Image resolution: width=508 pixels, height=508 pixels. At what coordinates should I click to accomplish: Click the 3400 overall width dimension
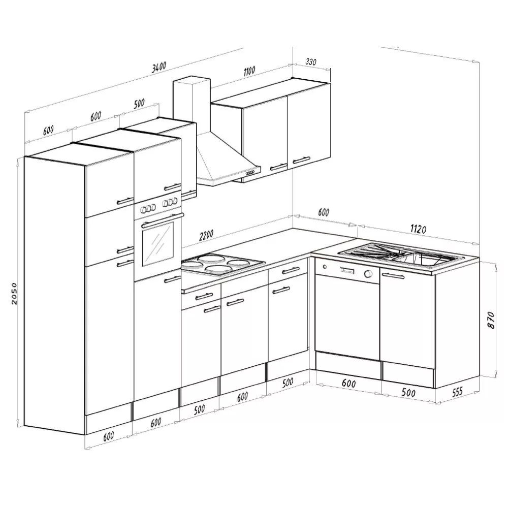159,66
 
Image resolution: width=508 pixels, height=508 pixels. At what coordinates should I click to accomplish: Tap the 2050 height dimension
14,294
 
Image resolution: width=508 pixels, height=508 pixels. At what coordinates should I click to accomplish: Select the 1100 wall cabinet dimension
249,71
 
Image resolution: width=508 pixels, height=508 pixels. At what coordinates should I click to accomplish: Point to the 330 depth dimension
311,61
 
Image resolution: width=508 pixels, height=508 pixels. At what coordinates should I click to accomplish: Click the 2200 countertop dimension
206,235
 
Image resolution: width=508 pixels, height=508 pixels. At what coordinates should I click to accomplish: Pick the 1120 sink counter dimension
418,229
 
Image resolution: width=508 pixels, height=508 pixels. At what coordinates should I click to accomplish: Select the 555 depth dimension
457,391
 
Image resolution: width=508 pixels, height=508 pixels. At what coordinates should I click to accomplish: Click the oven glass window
158,244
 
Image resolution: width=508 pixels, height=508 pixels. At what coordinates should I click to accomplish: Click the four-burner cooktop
223,263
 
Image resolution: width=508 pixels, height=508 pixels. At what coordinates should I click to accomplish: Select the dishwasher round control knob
368,274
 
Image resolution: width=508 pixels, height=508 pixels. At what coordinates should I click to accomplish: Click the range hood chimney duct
192,105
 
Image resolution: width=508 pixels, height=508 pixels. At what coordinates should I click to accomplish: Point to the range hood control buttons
250,173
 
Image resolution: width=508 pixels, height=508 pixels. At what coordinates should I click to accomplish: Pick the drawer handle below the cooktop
204,296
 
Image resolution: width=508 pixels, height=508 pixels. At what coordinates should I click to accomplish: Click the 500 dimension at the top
139,103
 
